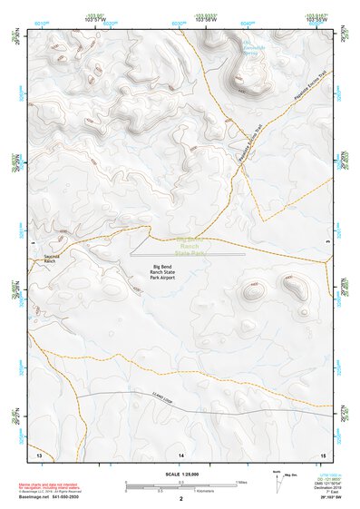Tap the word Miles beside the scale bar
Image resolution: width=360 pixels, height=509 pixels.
[x=242, y=484]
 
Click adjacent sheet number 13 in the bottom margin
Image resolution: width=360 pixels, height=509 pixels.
[x=38, y=452]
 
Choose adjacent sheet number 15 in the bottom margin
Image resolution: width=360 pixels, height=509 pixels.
[x=323, y=452]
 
